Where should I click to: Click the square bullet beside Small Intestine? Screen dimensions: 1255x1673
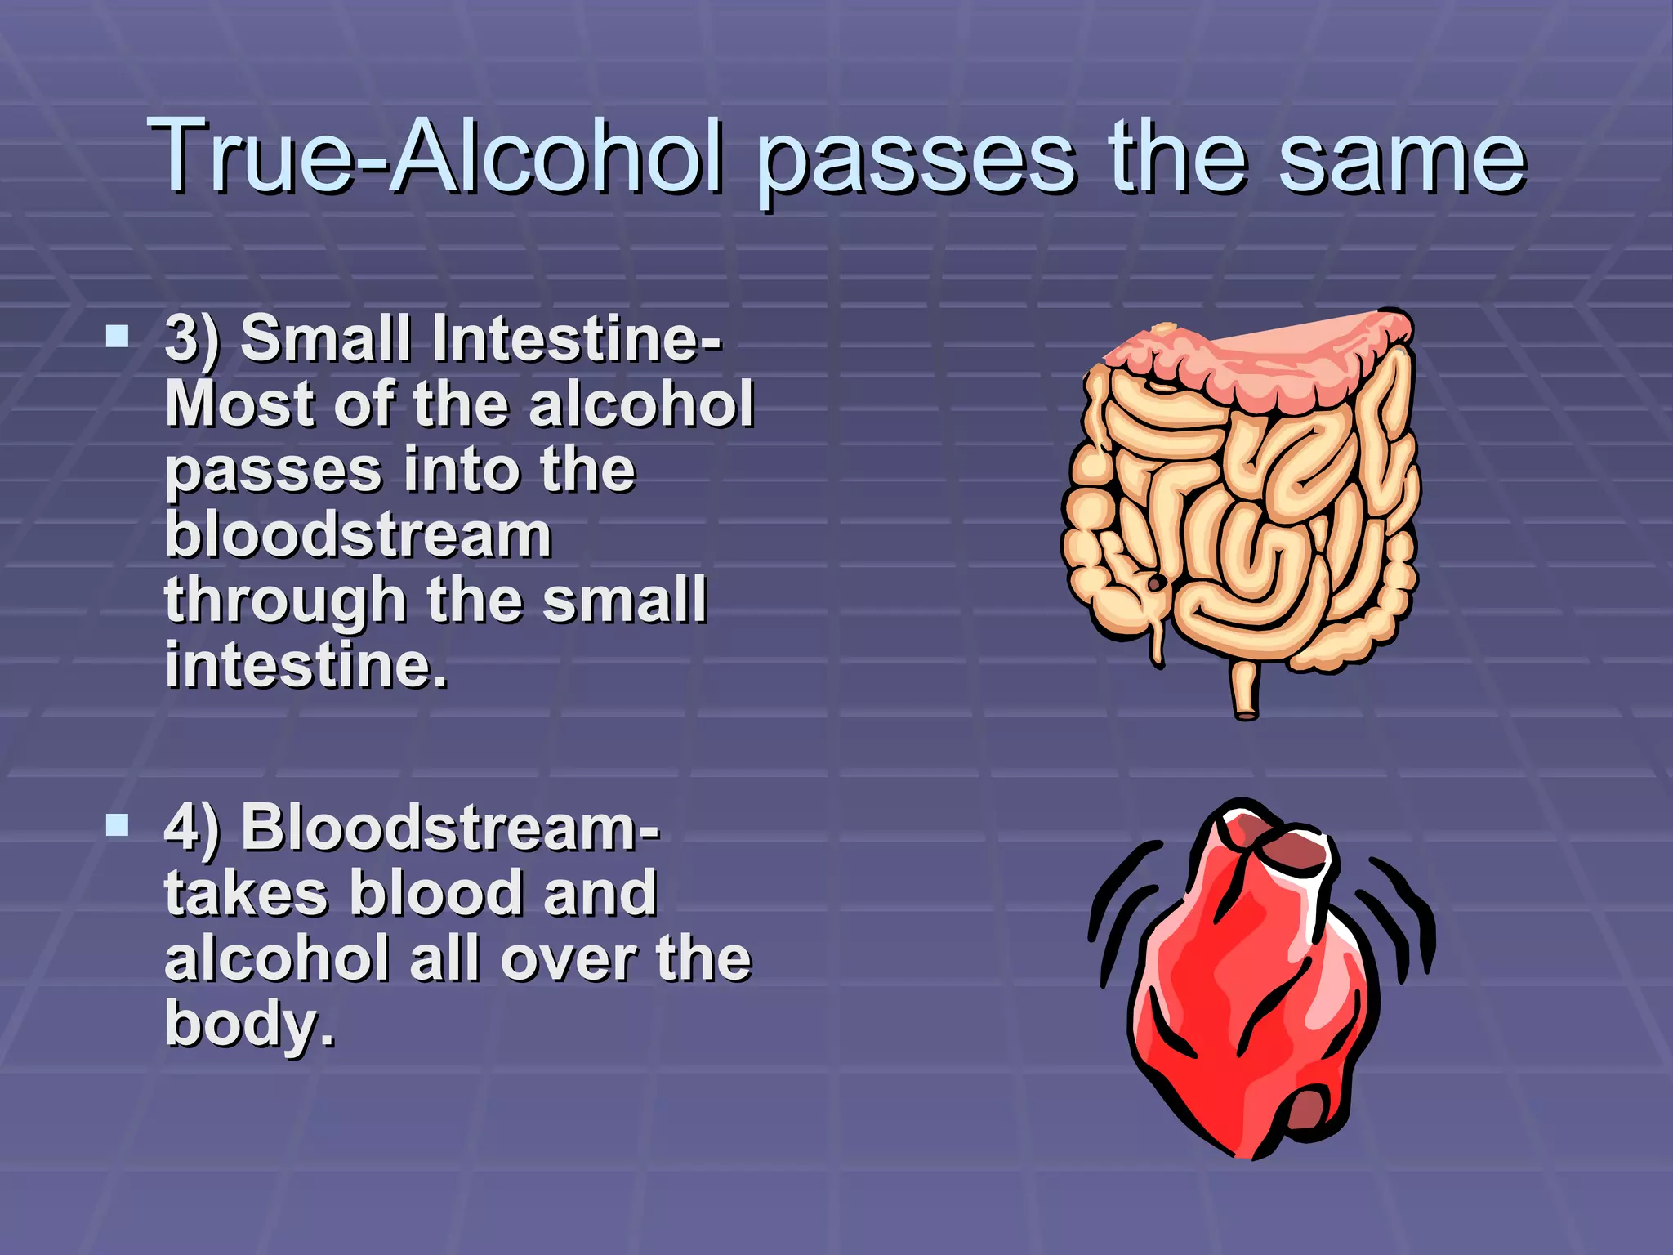tap(118, 336)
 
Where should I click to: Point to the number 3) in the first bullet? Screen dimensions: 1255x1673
tap(192, 338)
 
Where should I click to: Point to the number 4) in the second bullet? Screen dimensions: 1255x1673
tap(192, 828)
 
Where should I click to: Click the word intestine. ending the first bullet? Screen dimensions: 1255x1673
tap(306, 665)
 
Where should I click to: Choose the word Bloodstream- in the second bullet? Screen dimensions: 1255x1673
tap(449, 828)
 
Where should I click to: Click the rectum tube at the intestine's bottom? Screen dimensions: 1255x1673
tap(1245, 690)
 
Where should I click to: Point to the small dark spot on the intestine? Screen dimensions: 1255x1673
tap(1156, 583)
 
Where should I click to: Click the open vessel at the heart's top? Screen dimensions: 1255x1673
tap(1295, 854)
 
